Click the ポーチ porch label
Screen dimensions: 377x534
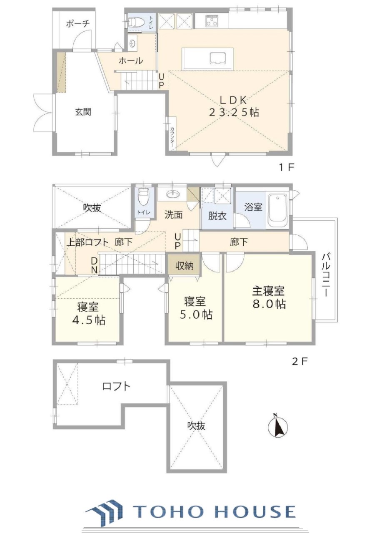[x=77, y=24]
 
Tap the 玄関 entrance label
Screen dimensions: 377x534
[x=83, y=112]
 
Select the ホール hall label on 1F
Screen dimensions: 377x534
[x=131, y=61]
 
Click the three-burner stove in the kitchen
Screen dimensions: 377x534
[x=212, y=21]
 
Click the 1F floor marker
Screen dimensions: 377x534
[x=287, y=168]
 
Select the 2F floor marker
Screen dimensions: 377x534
[x=300, y=362]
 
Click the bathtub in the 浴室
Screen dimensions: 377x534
[x=278, y=212]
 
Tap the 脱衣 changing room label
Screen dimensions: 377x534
[x=217, y=216]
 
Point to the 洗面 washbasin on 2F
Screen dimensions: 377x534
[x=173, y=194]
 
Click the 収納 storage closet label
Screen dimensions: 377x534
[x=185, y=266]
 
